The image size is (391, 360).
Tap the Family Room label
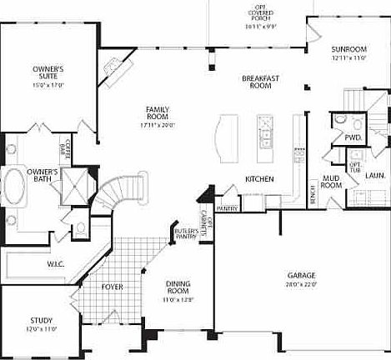pyautogui.click(x=158, y=113)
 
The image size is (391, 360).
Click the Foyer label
pyautogui.click(x=113, y=287)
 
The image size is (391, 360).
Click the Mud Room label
pyautogui.click(x=331, y=182)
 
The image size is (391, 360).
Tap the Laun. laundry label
pyautogui.click(x=373, y=175)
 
